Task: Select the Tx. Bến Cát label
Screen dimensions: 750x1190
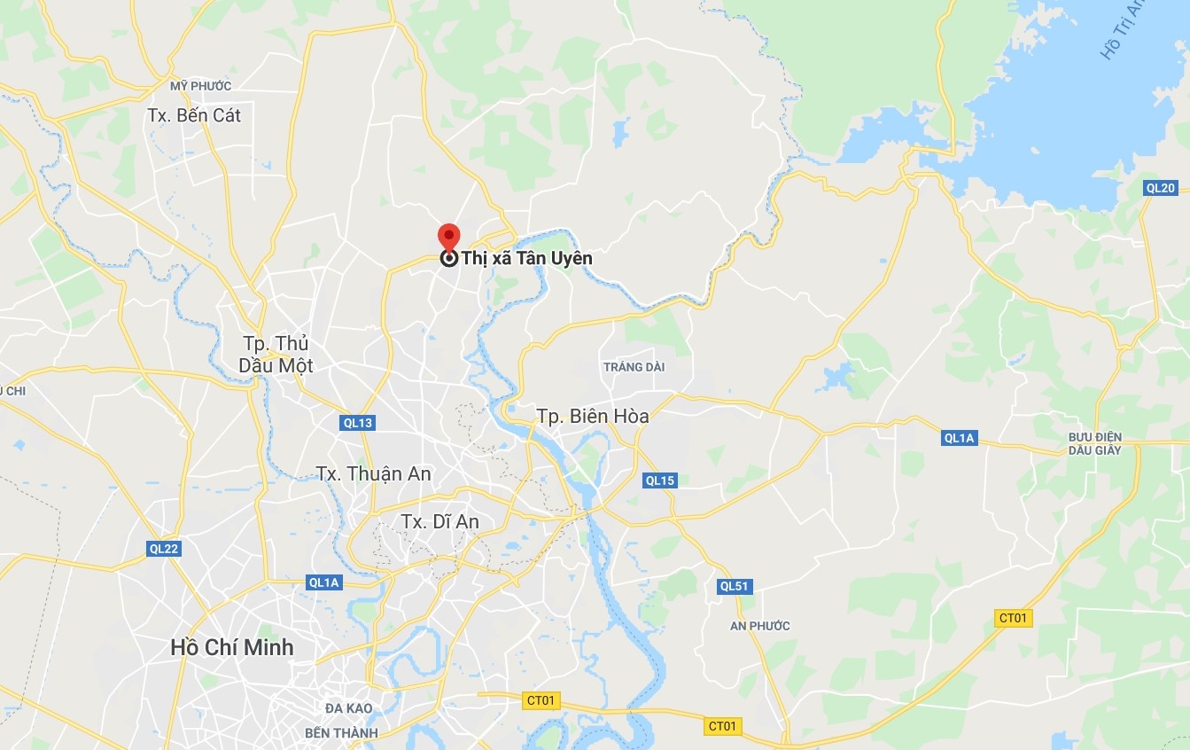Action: [x=195, y=115]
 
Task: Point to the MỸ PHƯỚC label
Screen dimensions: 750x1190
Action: [x=201, y=86]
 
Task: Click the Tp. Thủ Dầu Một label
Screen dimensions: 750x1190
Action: [x=276, y=355]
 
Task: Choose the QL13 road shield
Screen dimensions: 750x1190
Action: [x=358, y=423]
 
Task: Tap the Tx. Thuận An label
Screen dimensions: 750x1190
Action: [x=374, y=473]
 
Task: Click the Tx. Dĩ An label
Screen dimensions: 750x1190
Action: [x=439, y=521]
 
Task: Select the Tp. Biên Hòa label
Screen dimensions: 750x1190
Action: [x=593, y=416]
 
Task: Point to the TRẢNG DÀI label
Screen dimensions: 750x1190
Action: [x=634, y=367]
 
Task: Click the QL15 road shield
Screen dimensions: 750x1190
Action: [x=660, y=480]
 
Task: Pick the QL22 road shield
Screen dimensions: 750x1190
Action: [x=164, y=549]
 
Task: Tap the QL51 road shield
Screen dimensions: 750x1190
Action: [x=735, y=586]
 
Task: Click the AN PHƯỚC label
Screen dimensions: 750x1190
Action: [x=759, y=626]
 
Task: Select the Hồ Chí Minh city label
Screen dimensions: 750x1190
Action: [x=231, y=647]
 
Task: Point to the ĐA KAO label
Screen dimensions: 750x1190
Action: [x=348, y=708]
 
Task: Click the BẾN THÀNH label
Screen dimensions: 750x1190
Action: [x=341, y=733]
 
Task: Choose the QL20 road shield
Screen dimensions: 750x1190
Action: [x=1160, y=187]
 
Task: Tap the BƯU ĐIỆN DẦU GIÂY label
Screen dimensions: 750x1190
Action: [x=1095, y=443]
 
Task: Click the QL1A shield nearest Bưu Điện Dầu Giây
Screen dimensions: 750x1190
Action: [x=960, y=437]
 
